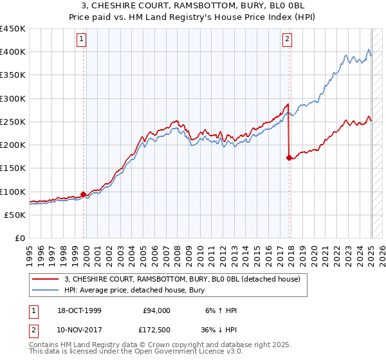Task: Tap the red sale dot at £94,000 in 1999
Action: click(84, 194)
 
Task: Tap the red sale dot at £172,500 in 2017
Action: click(289, 157)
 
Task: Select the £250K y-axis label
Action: click(13, 122)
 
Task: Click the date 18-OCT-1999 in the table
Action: click(78, 310)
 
